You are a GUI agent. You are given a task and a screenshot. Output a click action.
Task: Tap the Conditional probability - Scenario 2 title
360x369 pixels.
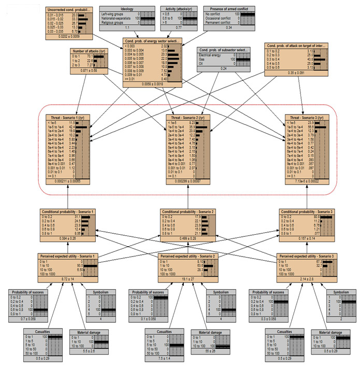click(x=187, y=212)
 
